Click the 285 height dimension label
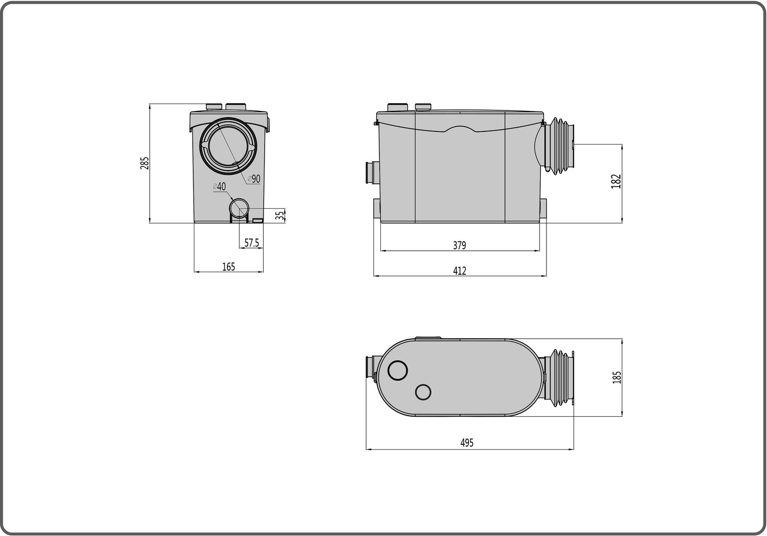click(145, 163)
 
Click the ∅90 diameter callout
click(253, 179)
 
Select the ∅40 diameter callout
click(219, 186)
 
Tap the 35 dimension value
click(280, 215)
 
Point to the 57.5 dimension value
click(252, 243)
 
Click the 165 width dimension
click(228, 267)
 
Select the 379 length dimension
click(459, 245)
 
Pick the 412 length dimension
click(459, 271)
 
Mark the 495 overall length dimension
click(467, 443)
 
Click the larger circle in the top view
click(398, 371)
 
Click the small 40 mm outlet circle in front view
click(240, 208)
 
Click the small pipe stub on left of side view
click(371, 173)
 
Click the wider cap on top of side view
click(398, 107)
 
